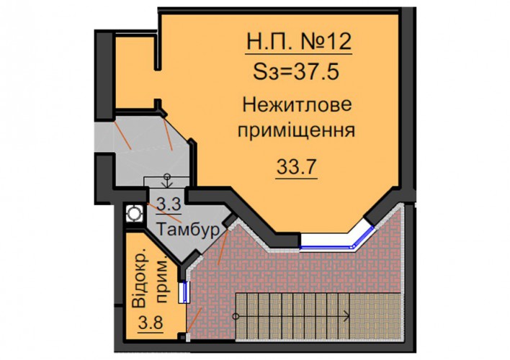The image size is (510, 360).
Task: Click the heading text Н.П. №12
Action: (299, 42)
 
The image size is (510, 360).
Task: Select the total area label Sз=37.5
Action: (296, 71)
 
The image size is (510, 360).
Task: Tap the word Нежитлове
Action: (297, 104)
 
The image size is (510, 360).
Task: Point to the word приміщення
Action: (296, 131)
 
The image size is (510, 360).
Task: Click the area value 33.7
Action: (296, 168)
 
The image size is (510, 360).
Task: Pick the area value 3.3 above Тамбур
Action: (169, 205)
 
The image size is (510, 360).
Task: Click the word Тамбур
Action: (188, 230)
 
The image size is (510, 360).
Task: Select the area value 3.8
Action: (151, 323)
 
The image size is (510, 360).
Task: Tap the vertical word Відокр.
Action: (140, 279)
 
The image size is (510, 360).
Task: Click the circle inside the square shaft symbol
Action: (134, 213)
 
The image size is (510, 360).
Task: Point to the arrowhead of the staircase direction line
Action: (346, 316)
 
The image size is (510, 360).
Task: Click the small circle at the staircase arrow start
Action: (236, 316)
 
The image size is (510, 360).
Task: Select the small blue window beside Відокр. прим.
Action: (184, 292)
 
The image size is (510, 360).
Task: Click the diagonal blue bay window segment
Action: (363, 238)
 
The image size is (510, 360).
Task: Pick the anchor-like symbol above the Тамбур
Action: (167, 181)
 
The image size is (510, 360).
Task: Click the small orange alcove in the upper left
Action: (134, 73)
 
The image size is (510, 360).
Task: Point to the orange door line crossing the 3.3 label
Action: (164, 212)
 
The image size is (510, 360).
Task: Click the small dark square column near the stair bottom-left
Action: (183, 336)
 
